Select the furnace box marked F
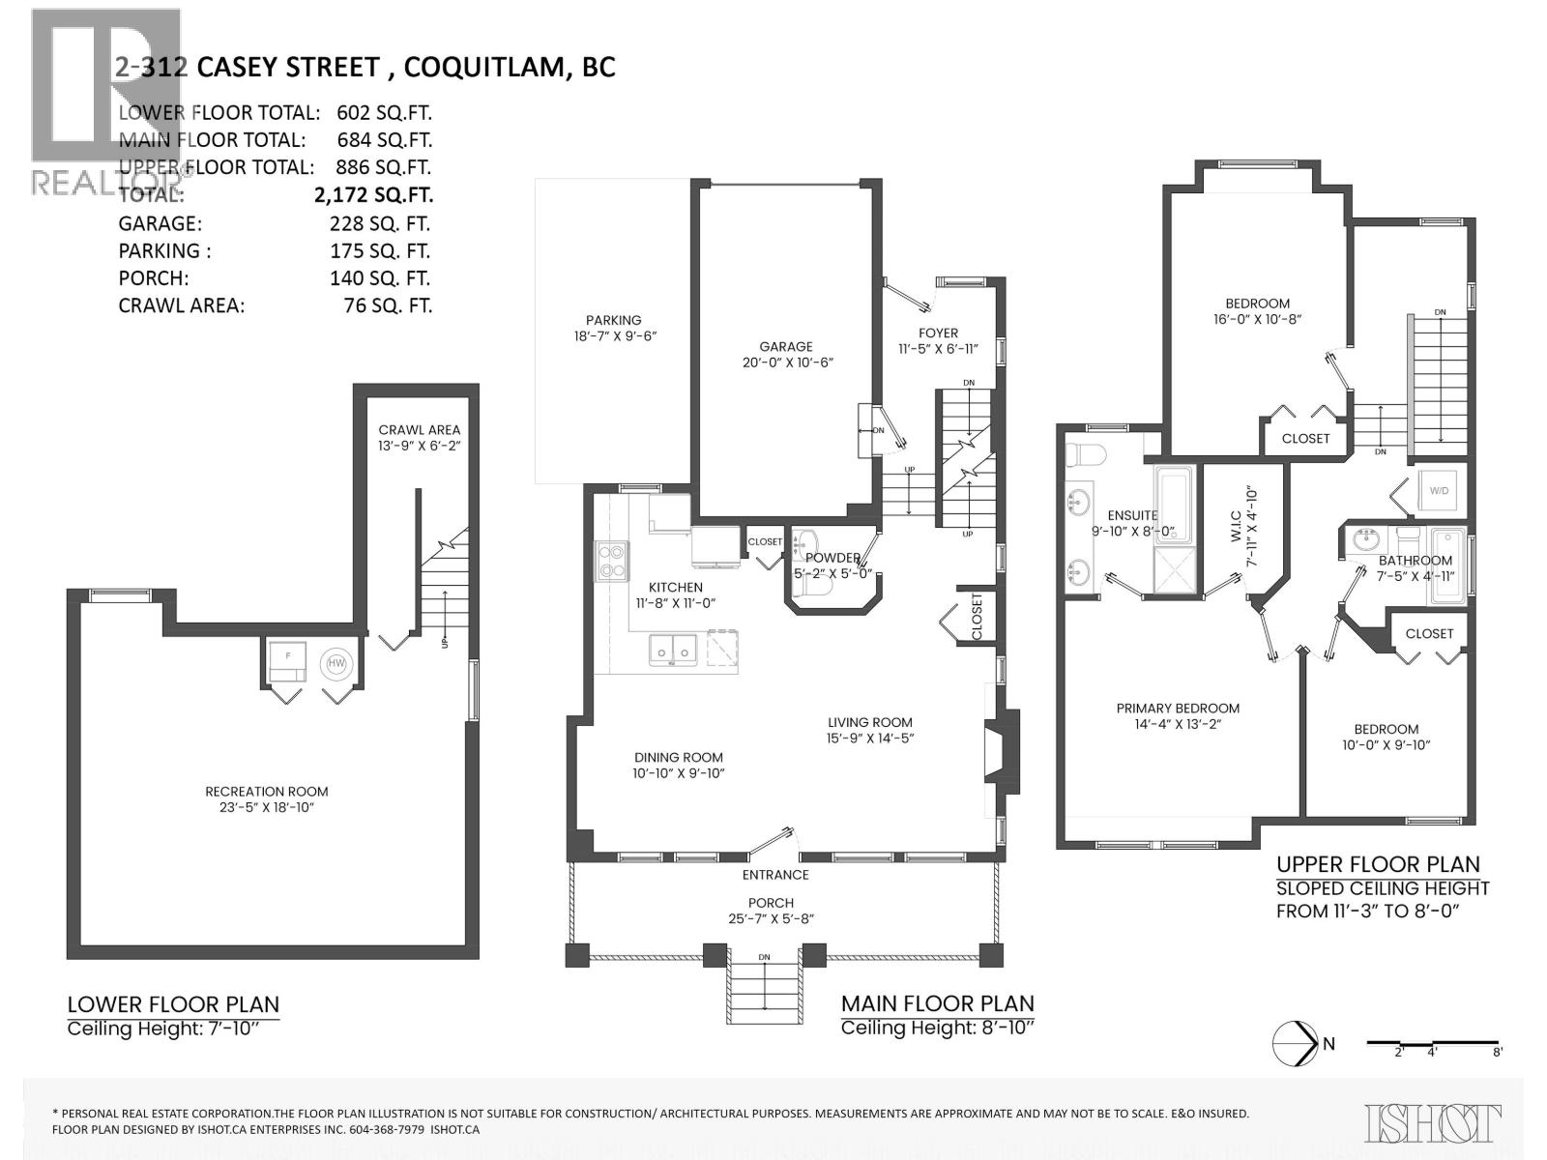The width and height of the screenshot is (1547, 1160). [x=286, y=656]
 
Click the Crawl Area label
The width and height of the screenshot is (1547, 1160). [x=419, y=430]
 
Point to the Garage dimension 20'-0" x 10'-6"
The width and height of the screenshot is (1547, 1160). [x=785, y=362]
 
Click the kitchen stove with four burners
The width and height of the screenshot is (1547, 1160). [x=612, y=562]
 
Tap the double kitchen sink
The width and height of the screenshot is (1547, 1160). [x=673, y=649]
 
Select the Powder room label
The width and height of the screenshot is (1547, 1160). [x=832, y=558]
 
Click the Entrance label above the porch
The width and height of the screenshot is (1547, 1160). [x=774, y=875]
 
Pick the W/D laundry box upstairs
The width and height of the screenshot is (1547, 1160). [x=1439, y=491]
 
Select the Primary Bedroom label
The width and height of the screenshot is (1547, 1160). [x=1177, y=708]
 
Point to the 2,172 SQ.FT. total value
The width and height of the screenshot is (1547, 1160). [x=373, y=194]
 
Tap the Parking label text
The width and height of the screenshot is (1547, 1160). [x=613, y=320]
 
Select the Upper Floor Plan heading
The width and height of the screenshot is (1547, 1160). [x=1377, y=864]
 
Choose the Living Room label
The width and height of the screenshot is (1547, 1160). [x=869, y=722]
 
